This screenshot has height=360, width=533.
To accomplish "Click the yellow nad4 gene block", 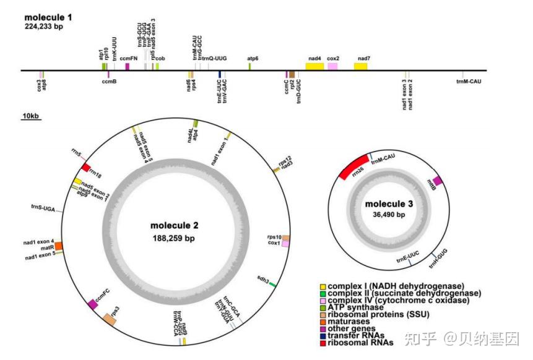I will click(x=314, y=66).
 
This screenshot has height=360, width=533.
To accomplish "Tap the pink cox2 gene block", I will click(x=333, y=66).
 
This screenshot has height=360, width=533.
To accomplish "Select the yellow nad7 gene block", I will click(x=362, y=66).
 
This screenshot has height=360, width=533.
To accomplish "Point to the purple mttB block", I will click(x=437, y=181).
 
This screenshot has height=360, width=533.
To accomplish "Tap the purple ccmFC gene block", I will click(x=93, y=303).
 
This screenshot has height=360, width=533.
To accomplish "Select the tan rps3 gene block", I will click(x=110, y=319).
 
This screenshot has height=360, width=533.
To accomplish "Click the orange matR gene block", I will click(x=59, y=246).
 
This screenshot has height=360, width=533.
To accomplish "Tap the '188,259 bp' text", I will click(x=173, y=238).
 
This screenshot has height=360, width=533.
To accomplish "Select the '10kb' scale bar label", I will click(x=30, y=116).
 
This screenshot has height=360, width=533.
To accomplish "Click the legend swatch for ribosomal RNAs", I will click(x=323, y=342).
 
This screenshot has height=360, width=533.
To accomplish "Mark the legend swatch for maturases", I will click(x=323, y=321).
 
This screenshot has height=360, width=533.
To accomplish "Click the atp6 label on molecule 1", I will click(x=253, y=58).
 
